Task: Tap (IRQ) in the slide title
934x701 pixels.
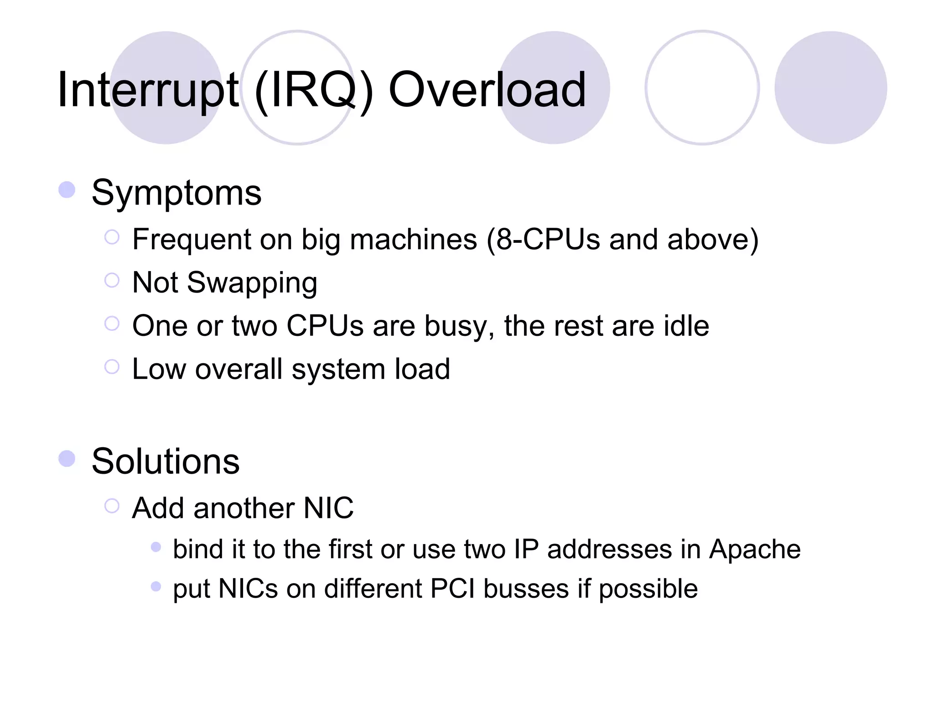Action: [x=314, y=90]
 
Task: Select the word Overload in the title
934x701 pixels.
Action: [x=487, y=90]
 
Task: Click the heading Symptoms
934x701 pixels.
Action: [x=176, y=193]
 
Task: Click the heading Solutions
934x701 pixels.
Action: [x=165, y=461]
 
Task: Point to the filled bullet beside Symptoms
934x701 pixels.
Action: [x=67, y=190]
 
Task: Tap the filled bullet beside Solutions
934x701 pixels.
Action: [x=67, y=459]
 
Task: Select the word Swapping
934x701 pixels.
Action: [x=252, y=283]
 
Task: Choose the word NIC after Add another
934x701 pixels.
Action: [x=328, y=508]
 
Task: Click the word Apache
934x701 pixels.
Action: [x=754, y=549]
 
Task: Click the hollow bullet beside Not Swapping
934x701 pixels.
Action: [x=112, y=280]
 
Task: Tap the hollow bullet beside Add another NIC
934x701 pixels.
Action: [x=112, y=506]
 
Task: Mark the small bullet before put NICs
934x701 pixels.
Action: [x=156, y=586]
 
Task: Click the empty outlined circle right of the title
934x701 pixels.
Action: [x=702, y=88]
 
